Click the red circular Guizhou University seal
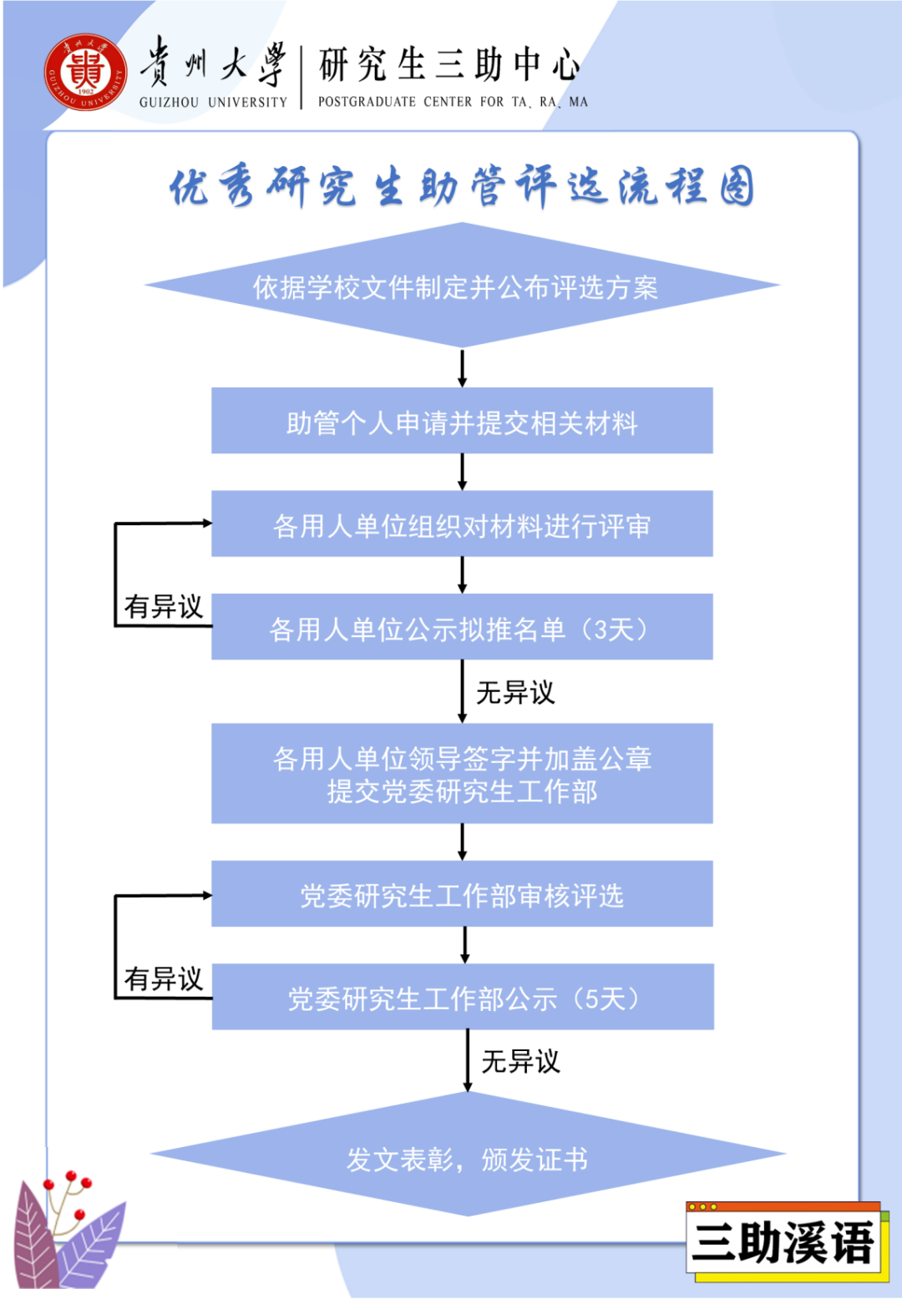(x=85, y=73)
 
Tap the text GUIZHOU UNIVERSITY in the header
(x=213, y=102)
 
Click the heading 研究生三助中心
(x=449, y=65)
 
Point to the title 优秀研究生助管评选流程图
(x=462, y=186)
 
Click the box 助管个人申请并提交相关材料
(x=462, y=422)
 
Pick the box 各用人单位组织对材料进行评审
(x=462, y=524)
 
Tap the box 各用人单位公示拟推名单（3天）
(x=462, y=627)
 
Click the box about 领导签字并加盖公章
(x=462, y=774)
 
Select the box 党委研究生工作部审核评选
(x=462, y=894)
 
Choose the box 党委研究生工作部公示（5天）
(x=463, y=997)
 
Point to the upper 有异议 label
(x=164, y=606)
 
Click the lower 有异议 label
(x=164, y=978)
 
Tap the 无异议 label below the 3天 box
(x=515, y=692)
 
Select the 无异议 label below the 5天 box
(x=520, y=1061)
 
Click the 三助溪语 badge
(x=784, y=1243)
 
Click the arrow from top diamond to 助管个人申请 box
(x=462, y=367)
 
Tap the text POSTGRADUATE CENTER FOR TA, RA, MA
(x=453, y=102)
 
